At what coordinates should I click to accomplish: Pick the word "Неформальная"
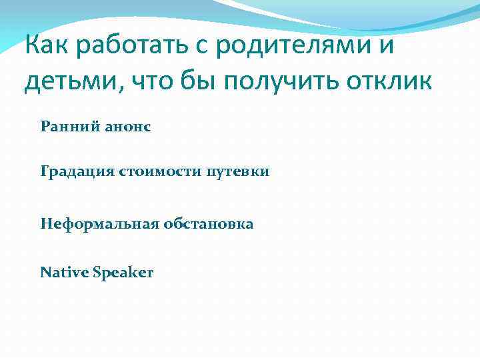98,224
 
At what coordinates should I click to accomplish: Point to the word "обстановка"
207,224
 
